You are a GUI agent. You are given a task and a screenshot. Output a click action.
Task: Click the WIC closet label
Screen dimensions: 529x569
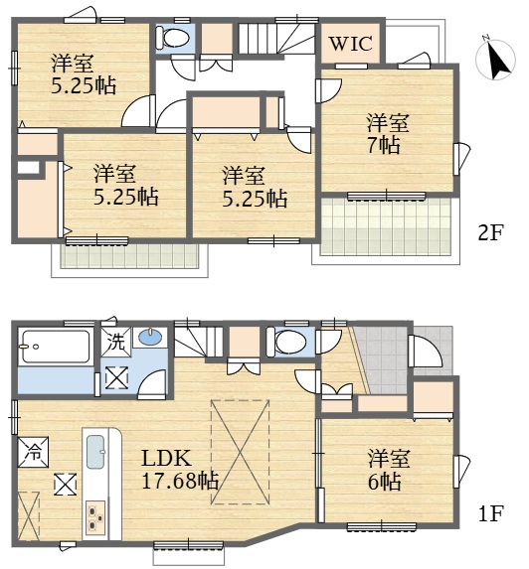pyautogui.click(x=351, y=44)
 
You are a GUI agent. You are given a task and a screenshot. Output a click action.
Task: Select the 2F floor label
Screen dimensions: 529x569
pyautogui.click(x=491, y=232)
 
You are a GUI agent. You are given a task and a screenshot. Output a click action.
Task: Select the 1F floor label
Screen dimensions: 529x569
pyautogui.click(x=491, y=513)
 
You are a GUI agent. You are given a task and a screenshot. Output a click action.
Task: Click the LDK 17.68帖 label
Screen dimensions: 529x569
pyautogui.click(x=179, y=470)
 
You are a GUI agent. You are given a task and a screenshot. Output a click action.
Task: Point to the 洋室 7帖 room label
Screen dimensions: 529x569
pyautogui.click(x=388, y=134)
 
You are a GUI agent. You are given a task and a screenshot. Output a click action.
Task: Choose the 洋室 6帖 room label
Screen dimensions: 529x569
pyautogui.click(x=388, y=470)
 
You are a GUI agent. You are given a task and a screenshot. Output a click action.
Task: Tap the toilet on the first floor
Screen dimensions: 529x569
pyautogui.click(x=286, y=342)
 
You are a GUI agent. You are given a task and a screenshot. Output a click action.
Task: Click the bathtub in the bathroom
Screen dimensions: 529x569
pyautogui.click(x=56, y=346)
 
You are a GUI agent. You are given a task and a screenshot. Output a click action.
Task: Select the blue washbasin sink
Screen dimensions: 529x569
pyautogui.click(x=150, y=337)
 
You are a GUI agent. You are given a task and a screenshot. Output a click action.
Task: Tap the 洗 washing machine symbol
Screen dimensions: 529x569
pyautogui.click(x=116, y=342)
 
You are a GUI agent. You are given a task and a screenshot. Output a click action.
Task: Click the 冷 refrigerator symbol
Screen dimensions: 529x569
pyautogui.click(x=34, y=452)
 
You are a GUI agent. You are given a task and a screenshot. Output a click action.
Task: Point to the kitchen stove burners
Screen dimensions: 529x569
pyautogui.click(x=95, y=516)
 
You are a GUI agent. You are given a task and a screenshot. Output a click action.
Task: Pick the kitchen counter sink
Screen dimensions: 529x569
pyautogui.click(x=95, y=452)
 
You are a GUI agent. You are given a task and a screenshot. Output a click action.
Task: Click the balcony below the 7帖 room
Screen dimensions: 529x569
pyautogui.click(x=386, y=226)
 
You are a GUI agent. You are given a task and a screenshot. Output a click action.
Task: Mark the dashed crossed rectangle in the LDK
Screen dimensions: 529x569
pyautogui.click(x=241, y=452)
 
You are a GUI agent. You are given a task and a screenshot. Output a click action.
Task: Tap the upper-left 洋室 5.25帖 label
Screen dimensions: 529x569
pyautogui.click(x=83, y=74)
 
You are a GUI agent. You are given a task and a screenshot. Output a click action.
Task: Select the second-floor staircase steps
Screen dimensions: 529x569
pyautogui.click(x=276, y=38)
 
